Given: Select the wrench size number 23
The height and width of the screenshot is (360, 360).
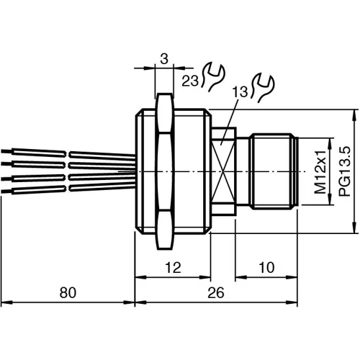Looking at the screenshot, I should coord(190,81).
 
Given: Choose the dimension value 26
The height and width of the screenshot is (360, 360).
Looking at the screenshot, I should coord(215,292).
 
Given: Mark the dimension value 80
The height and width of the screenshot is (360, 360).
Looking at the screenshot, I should coord(68,292).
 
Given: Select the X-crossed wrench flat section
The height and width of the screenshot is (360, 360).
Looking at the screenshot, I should coord(225,171).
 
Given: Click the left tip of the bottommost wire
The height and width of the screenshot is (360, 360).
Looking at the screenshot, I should coord(4,191).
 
